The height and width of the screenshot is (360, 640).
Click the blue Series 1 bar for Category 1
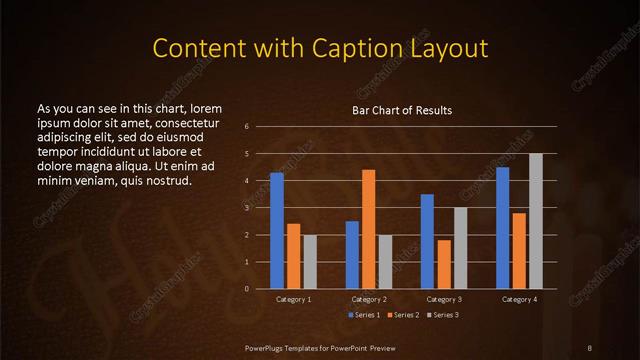[x=277, y=231]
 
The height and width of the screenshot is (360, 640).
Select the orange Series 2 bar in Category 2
[x=368, y=229]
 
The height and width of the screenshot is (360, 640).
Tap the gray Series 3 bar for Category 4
[x=535, y=221]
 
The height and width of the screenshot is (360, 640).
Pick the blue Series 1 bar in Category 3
[x=427, y=241]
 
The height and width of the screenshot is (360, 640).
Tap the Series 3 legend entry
[x=441, y=315]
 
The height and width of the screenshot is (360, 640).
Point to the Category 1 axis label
[x=294, y=299]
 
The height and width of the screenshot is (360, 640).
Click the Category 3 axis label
[x=444, y=299]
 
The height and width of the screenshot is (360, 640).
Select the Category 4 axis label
[x=519, y=299]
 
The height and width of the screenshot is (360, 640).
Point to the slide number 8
[x=590, y=346]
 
